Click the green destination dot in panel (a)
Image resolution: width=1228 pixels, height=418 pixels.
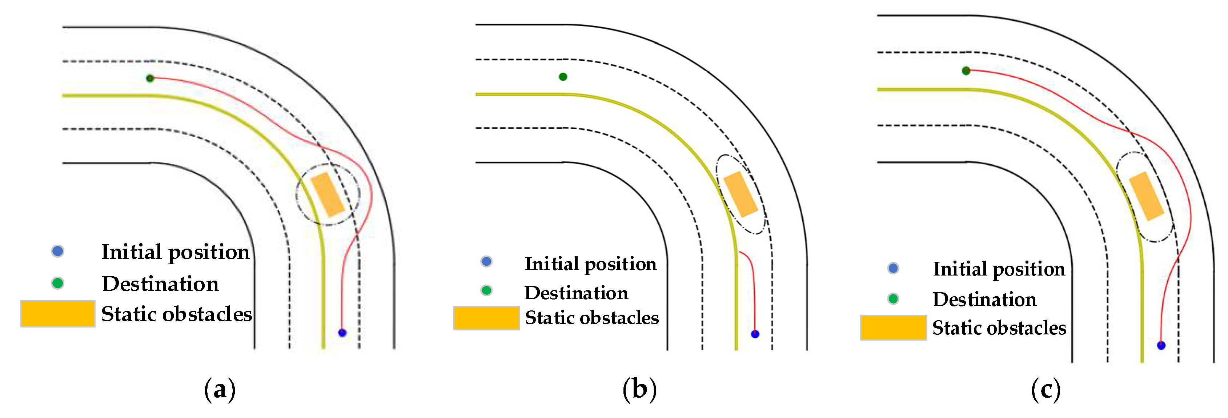coord(150,78)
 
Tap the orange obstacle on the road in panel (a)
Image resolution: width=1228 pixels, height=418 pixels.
coord(328,195)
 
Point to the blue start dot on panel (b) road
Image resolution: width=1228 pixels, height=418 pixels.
coord(755,334)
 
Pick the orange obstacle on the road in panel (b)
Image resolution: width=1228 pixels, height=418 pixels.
coord(741,194)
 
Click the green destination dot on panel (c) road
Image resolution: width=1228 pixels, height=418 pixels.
coord(966,71)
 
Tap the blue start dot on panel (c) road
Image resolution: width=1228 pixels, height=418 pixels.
coord(1161,345)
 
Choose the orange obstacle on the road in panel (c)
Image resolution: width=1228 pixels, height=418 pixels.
coord(1146,196)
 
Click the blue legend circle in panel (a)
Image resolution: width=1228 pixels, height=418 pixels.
coord(58,251)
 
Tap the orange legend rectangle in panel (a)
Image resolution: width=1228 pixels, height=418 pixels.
coord(58,314)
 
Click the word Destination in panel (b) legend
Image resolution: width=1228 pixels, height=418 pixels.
coord(576,293)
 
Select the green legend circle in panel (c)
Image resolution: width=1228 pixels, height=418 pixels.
coord(893,299)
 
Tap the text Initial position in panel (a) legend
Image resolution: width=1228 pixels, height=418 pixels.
coord(175,252)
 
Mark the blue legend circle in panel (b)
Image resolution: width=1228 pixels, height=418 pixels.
coord(486,261)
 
